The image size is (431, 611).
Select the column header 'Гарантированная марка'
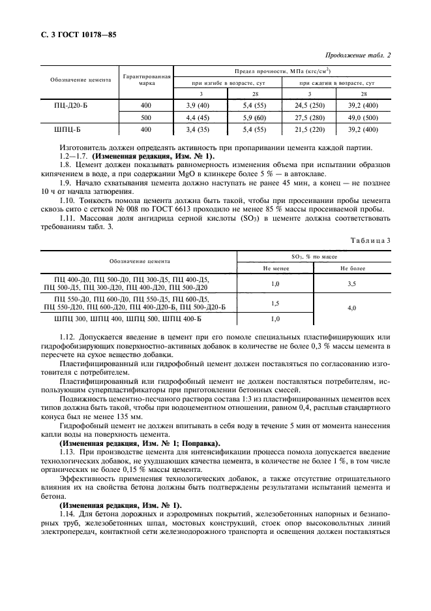coord(146,80)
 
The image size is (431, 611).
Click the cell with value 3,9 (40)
coord(196,105)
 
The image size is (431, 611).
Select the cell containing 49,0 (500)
coord(362,117)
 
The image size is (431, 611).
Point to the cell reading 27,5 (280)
coord(309,117)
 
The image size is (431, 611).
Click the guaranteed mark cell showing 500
coord(146,117)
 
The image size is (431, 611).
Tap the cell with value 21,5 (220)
coord(309,130)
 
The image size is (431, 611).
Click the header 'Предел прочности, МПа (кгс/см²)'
coord(282,70)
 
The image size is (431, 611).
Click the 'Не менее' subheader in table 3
coord(275,268)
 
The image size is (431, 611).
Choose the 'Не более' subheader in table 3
coord(352,268)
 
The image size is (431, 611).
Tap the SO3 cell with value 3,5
coord(352,284)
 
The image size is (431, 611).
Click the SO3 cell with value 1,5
coord(275,304)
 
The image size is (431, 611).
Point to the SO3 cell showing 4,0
coord(352,307)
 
